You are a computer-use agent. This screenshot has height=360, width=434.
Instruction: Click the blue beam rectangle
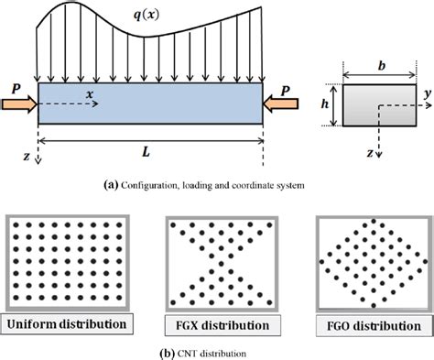point(149,103)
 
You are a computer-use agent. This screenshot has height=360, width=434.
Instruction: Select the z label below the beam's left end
point(26,158)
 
